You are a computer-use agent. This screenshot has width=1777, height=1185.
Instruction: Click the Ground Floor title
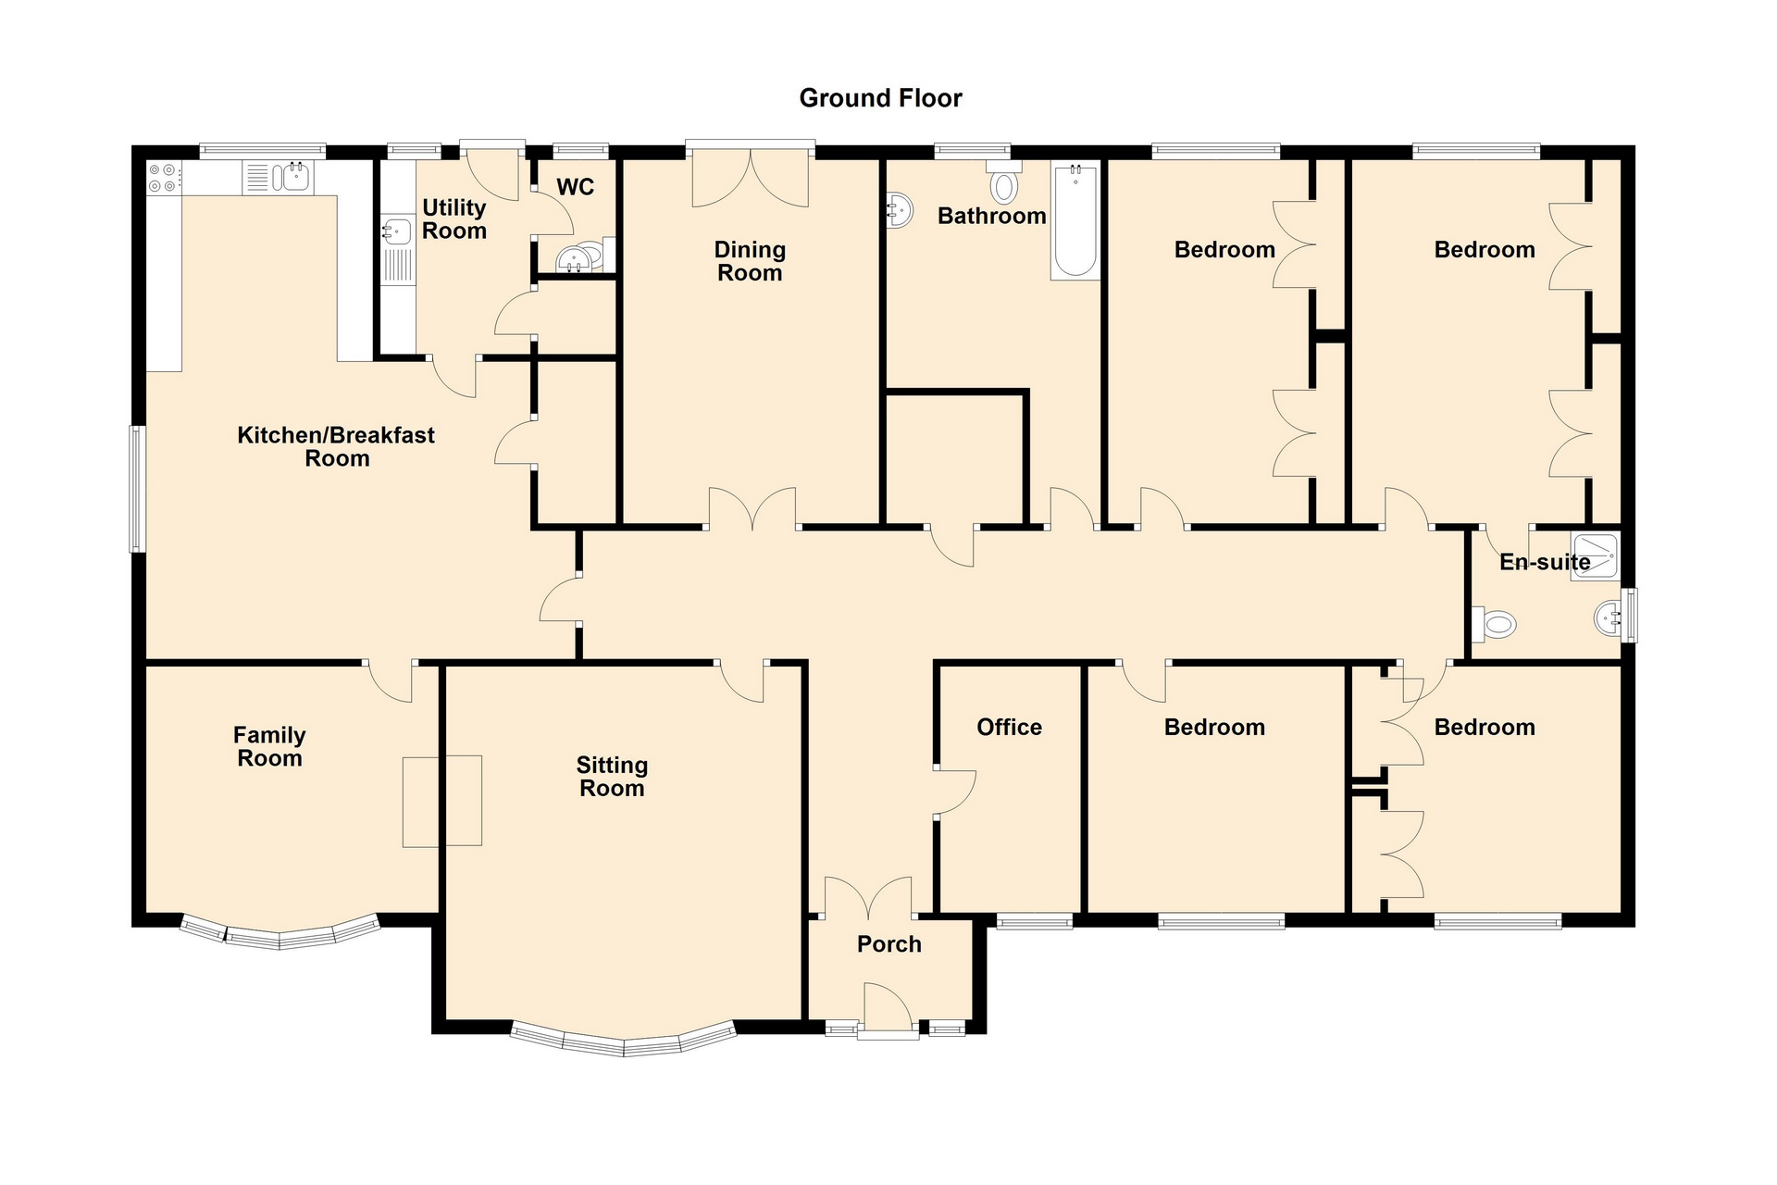[880, 98]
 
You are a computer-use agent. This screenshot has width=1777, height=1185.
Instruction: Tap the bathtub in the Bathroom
[1075, 220]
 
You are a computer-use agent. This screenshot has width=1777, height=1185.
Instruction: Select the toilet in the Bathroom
[1003, 181]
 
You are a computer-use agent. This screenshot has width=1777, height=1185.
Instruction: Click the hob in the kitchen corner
[164, 178]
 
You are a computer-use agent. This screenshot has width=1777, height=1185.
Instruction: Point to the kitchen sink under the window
[279, 177]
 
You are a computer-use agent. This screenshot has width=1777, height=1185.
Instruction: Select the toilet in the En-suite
[1493, 624]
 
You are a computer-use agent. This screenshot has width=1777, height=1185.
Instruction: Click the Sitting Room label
[612, 777]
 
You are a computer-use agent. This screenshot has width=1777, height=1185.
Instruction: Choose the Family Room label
[269, 746]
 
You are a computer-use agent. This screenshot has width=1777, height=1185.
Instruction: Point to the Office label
[1009, 727]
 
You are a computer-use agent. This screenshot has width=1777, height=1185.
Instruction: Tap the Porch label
[889, 944]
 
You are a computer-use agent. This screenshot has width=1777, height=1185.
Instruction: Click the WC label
[575, 187]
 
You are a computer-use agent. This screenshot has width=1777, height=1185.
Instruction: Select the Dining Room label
[750, 261]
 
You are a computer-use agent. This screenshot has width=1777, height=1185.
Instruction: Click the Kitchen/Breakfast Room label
[336, 446]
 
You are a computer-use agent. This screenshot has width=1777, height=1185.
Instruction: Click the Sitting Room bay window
[624, 1042]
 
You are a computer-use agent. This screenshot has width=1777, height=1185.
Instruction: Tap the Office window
[1035, 920]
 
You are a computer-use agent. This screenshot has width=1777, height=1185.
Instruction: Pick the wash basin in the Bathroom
[898, 210]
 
